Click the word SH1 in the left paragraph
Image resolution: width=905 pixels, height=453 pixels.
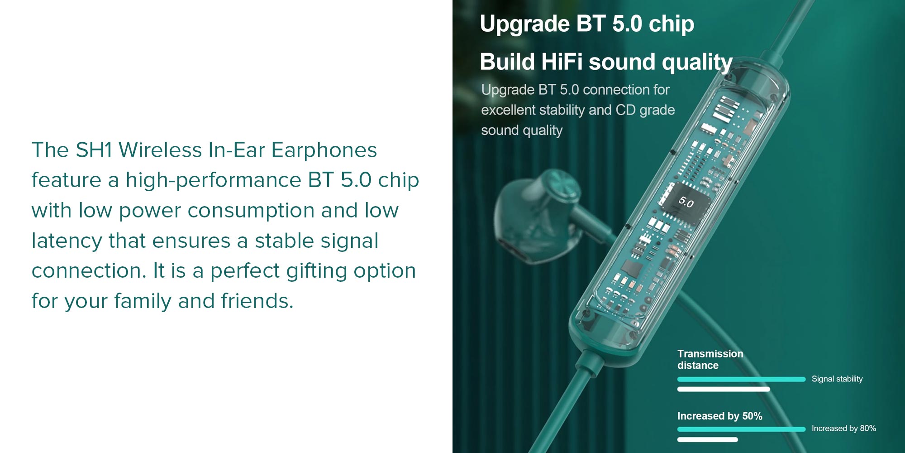[x=94, y=150]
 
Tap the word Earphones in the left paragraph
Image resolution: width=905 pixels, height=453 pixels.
[x=324, y=150]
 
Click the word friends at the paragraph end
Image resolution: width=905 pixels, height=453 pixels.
[x=257, y=301]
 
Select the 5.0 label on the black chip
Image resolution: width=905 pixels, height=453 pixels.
[x=686, y=202]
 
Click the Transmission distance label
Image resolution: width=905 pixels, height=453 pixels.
[x=710, y=359]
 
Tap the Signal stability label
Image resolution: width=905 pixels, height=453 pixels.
[x=837, y=379]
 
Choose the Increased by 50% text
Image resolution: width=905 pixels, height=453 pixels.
[x=719, y=416]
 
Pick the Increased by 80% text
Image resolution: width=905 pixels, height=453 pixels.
[x=843, y=429]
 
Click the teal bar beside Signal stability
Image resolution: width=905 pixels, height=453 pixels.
[x=741, y=379]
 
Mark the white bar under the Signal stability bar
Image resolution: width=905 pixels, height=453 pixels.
[x=724, y=389]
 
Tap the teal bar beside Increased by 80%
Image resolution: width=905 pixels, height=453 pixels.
[x=741, y=429]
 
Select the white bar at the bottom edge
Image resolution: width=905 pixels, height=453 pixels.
[x=707, y=439]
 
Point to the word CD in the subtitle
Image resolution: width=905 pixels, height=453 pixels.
[x=626, y=110]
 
